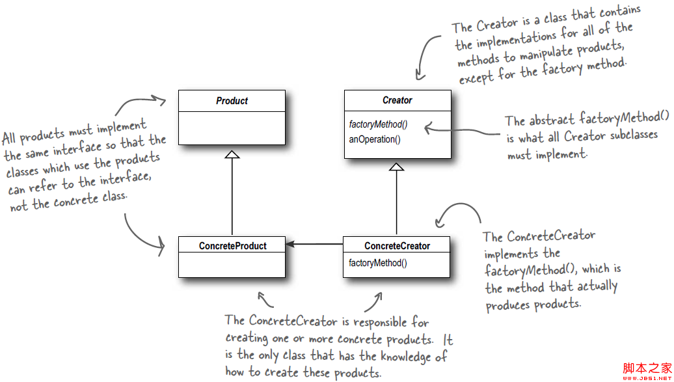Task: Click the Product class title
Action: (x=232, y=101)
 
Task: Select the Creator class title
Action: (x=397, y=101)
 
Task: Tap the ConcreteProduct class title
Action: (x=232, y=245)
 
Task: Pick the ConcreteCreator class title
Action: (x=397, y=246)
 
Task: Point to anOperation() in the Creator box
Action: (x=375, y=139)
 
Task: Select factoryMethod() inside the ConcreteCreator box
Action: (x=378, y=263)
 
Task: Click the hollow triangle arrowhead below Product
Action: (x=232, y=154)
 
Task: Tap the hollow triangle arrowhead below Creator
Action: (x=397, y=167)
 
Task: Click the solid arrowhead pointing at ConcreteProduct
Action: (x=291, y=245)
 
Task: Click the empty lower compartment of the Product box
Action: (x=232, y=128)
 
